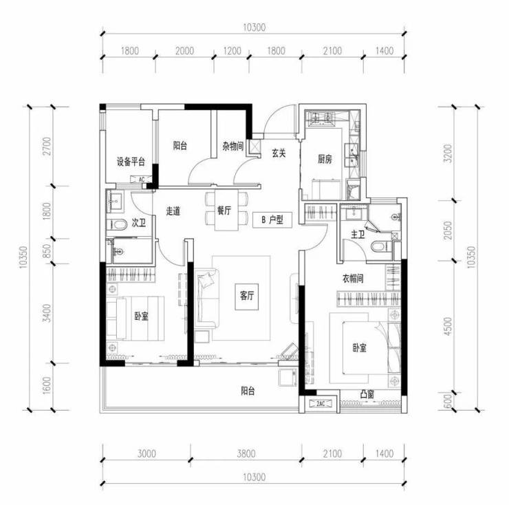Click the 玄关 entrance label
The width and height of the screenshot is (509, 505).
(x=279, y=153)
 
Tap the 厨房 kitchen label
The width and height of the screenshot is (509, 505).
(x=325, y=159)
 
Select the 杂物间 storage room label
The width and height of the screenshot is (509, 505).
(x=232, y=146)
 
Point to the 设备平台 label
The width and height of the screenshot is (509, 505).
(x=131, y=162)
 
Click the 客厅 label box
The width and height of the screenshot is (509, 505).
(x=247, y=296)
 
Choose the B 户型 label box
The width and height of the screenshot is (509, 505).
(x=272, y=220)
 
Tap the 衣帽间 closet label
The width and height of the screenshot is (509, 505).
(x=353, y=279)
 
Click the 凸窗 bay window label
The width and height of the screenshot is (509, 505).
(x=367, y=394)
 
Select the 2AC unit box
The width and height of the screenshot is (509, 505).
(x=321, y=403)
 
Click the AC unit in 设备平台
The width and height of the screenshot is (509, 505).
(x=141, y=180)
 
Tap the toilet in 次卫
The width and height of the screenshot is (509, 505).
(x=118, y=225)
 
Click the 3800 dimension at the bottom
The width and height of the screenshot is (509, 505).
(x=246, y=453)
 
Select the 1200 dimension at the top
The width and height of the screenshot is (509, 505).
(x=232, y=51)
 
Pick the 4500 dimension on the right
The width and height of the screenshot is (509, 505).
(x=448, y=326)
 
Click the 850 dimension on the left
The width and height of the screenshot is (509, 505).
(x=47, y=251)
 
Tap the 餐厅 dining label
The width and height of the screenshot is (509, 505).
(x=224, y=211)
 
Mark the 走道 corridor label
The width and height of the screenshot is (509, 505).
(x=173, y=211)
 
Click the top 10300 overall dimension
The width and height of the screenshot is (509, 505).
(x=254, y=28)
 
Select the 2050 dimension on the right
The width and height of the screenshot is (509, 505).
(x=448, y=230)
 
